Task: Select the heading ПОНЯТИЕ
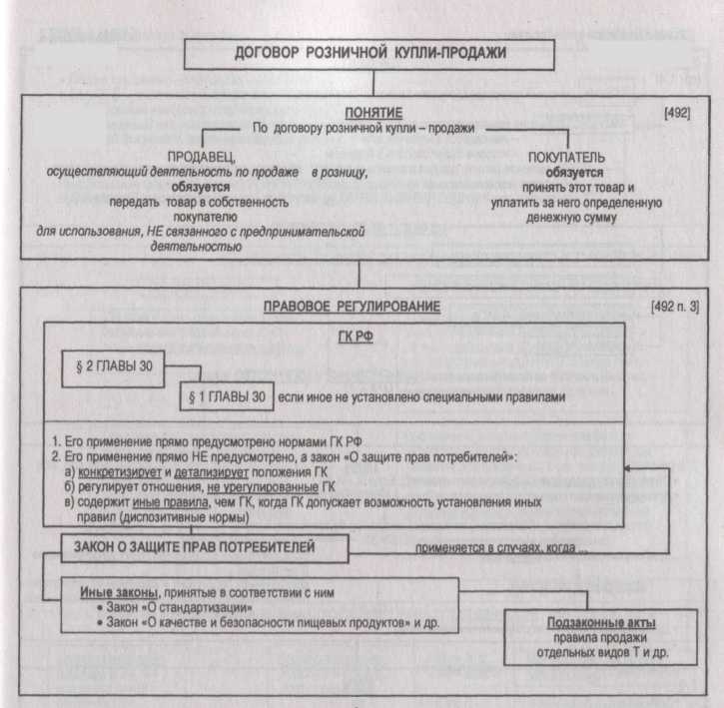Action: (x=360, y=113)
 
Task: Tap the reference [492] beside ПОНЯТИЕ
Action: (x=677, y=113)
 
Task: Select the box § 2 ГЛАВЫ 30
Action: (x=115, y=367)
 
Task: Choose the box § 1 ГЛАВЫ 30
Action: (x=227, y=396)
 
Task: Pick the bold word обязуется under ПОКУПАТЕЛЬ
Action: (x=567, y=172)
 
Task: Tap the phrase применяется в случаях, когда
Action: (x=496, y=548)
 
